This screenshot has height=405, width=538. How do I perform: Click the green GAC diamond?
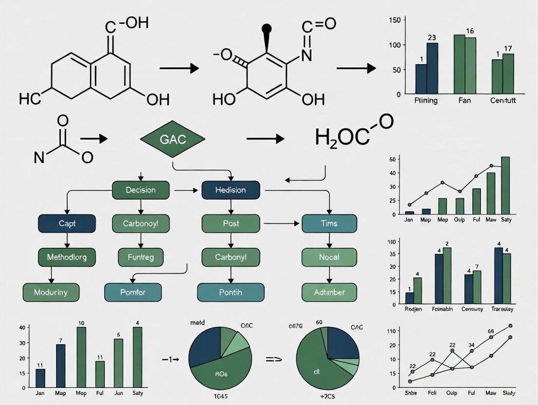(x=173, y=139)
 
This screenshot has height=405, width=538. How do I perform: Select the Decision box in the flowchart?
(x=140, y=190)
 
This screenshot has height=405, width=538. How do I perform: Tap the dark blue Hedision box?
(x=231, y=190)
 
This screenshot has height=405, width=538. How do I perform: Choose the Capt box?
(x=67, y=223)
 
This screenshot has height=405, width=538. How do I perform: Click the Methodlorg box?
(x=67, y=257)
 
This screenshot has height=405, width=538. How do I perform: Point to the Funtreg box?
(x=140, y=257)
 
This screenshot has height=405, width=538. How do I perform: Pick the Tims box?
(x=329, y=223)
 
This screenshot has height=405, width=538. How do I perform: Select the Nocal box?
(x=329, y=257)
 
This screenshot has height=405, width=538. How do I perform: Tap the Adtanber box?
(x=329, y=293)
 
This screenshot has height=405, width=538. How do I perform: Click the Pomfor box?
(x=133, y=293)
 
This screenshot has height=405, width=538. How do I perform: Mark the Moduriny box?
(x=51, y=293)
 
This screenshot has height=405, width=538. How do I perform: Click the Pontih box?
(x=231, y=293)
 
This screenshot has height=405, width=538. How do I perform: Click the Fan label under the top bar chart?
(x=464, y=101)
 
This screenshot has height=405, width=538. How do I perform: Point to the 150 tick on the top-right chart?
(x=395, y=20)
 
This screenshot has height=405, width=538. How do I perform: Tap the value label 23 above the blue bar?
(x=432, y=37)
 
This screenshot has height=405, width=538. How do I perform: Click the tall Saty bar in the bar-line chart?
(x=505, y=185)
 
